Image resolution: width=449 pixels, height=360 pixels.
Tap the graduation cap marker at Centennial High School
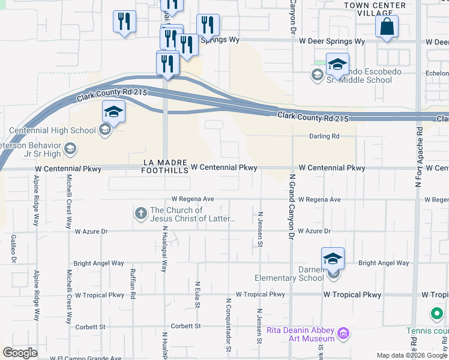pos(113,112)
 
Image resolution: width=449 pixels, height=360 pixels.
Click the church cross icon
pos(141,213)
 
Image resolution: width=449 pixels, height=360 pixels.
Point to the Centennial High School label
pos(53,130)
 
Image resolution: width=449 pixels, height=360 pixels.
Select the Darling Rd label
pos(324,136)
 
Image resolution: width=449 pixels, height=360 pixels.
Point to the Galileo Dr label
pos(13,248)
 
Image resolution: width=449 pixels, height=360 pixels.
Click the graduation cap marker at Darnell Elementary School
pos(333,259)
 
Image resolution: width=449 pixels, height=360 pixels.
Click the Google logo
pos(20,353)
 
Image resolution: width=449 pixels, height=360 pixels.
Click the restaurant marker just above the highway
pos(167,63)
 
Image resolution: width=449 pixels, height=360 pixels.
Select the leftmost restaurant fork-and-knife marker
pos(124,22)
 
